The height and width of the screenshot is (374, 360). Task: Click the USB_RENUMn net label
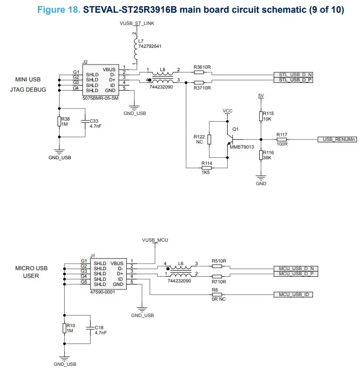pos(336,139)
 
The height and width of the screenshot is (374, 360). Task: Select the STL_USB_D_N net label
pos(292,74)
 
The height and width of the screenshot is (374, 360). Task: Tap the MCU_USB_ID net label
pos(293,295)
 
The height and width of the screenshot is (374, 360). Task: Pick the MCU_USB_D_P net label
pos(295,274)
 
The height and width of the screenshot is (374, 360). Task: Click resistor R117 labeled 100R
pos(282,139)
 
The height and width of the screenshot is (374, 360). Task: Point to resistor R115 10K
pos(261,117)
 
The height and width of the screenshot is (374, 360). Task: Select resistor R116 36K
pos(261,155)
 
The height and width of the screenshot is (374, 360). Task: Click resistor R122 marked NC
pos(209,140)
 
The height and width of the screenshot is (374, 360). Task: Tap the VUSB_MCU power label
pos(155,239)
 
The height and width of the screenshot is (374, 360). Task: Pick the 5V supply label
pos(261,96)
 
